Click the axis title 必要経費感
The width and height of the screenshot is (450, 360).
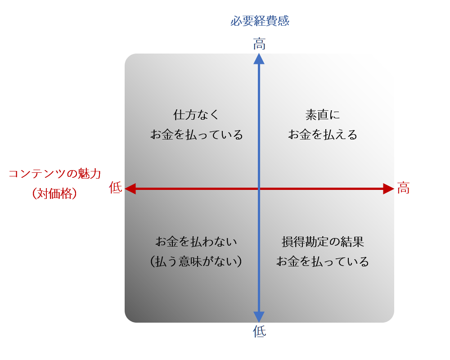pyautogui.click(x=260, y=21)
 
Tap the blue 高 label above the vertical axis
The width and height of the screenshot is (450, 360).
pyautogui.click(x=259, y=44)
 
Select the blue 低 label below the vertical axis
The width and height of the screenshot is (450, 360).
pyautogui.click(x=259, y=332)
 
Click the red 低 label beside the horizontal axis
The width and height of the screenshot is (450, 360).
pyautogui.click(x=115, y=188)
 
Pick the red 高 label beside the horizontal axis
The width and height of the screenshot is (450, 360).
pyautogui.click(x=403, y=188)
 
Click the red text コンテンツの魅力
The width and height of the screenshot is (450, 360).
pyautogui.click(x=54, y=174)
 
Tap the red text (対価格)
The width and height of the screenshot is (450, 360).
pyautogui.click(x=54, y=193)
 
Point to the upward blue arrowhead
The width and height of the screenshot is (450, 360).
pyautogui.click(x=259, y=59)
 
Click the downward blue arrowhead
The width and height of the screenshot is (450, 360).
pyautogui.click(x=259, y=317)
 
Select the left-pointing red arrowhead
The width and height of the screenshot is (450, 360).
pyautogui.click(x=130, y=189)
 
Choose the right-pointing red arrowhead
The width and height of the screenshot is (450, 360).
pyautogui.click(x=388, y=189)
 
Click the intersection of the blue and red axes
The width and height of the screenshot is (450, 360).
pyautogui.click(x=259, y=189)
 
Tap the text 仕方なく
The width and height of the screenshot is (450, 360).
pyautogui.click(x=196, y=115)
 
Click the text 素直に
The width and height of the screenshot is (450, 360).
pyautogui.click(x=323, y=115)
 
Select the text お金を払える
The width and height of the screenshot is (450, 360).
pyautogui.click(x=323, y=135)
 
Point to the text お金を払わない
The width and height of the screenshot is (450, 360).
pyautogui.click(x=196, y=242)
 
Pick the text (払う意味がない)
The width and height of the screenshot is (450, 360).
pyautogui.click(x=196, y=261)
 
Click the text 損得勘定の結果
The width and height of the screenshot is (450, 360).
pyautogui.click(x=323, y=242)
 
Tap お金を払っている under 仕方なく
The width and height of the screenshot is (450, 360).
pyautogui.click(x=196, y=135)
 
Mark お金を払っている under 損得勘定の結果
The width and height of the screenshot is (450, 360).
pyautogui.click(x=323, y=261)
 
